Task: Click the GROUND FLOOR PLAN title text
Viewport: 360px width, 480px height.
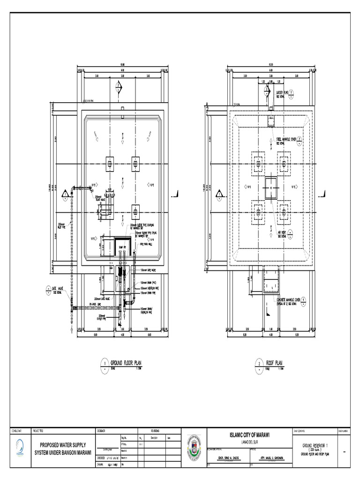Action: click(125, 363)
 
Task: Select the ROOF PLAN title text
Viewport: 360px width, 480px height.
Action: click(275, 363)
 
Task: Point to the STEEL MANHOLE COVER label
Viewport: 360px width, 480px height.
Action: click(286, 140)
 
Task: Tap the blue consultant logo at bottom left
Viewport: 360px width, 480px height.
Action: click(19, 448)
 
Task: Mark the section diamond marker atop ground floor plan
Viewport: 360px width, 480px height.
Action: click(119, 87)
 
